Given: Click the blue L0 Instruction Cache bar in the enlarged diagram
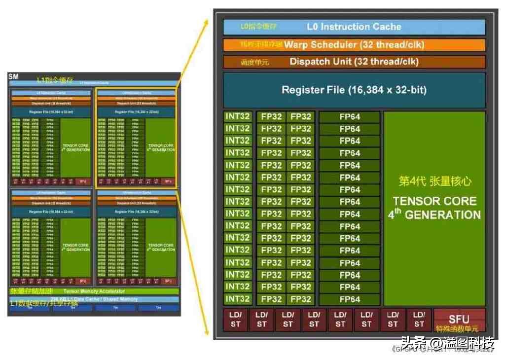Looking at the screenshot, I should click(354, 27).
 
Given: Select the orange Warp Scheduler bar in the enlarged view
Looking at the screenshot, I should click(354, 45).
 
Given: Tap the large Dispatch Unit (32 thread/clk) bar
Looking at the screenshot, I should click(354, 62).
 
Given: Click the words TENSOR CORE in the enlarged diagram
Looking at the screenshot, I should click(434, 201).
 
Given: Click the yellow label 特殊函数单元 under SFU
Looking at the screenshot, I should click(457, 329).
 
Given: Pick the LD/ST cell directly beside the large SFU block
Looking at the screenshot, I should click(419, 320).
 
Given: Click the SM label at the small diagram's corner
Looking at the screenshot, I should click(13, 76).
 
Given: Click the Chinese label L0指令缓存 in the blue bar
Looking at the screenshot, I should click(258, 27).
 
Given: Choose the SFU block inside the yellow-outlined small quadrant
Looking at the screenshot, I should click(168, 181).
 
